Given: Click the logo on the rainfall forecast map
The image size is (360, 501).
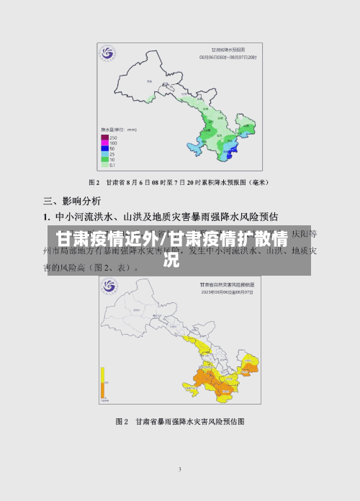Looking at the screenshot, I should pos(108,54).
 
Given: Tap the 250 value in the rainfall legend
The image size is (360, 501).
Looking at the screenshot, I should pos(114,137).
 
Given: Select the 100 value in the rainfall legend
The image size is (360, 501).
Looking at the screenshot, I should pos(114,143).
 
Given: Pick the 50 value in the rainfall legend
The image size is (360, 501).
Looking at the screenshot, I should pos(114,148).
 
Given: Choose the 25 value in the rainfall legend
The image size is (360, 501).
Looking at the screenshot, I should pos(114,154).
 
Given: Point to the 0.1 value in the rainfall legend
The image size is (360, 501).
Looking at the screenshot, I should pos(114,165).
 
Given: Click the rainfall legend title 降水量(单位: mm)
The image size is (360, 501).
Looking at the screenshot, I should pos(115,131).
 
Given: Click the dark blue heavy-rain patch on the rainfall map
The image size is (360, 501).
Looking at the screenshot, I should pos(230,150).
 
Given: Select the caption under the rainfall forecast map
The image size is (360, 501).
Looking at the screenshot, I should pos(180,183).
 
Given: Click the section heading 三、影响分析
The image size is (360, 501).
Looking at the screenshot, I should pos(72,201).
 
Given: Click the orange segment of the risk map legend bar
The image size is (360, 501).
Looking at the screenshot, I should pos(103,389).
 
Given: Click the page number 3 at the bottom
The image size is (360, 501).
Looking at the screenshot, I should pos(180,469).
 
